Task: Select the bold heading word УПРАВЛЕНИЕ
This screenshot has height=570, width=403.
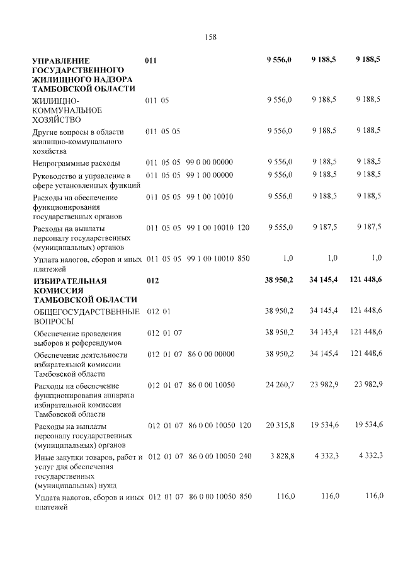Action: tap(61, 59)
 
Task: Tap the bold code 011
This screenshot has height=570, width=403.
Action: tap(151, 59)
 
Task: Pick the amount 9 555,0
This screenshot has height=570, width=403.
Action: tap(280, 227)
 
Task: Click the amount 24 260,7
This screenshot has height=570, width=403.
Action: tap(280, 385)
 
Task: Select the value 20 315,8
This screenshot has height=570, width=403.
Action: tap(280, 426)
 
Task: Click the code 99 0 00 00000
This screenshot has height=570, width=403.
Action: tap(210, 162)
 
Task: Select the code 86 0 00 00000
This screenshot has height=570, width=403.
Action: tap(211, 355)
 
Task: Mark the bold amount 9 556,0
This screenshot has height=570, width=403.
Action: tap(279, 59)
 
